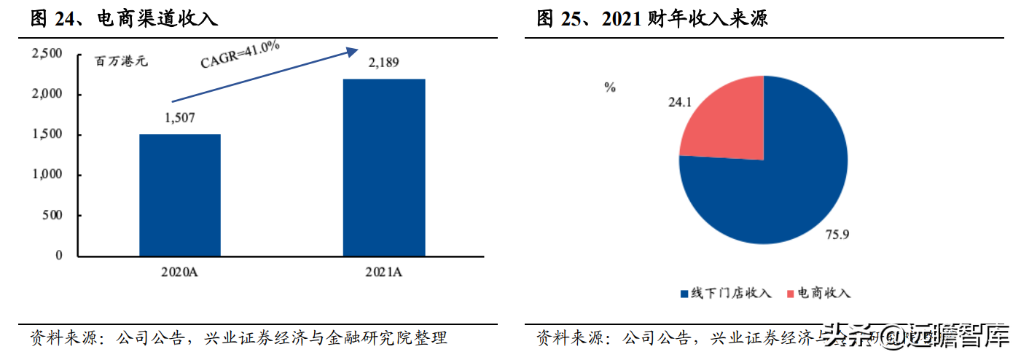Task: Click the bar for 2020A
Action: tap(180, 195)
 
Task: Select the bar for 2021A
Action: tap(385, 167)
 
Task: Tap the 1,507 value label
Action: tap(180, 118)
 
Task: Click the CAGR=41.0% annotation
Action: tap(240, 55)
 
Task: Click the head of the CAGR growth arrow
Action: tap(353, 51)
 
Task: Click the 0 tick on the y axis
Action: tap(60, 256)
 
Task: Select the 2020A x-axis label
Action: tap(179, 273)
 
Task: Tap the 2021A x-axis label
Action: tap(384, 273)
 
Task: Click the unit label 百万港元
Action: tap(122, 61)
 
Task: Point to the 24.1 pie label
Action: tap(679, 103)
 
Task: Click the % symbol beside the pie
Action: tap(609, 87)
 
